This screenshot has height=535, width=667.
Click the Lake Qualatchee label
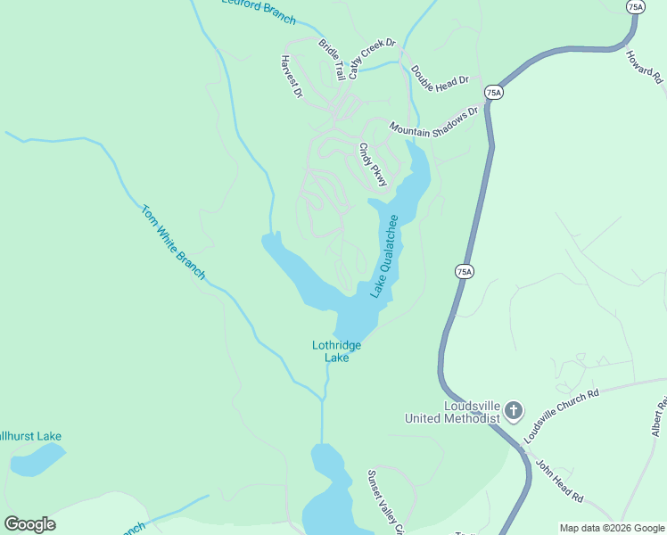point(385,256)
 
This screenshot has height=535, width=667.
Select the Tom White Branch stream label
point(173,243)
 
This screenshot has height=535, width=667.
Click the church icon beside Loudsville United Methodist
point(514,410)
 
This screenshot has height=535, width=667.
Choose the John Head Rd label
point(558,481)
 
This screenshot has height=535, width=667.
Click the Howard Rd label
point(644,67)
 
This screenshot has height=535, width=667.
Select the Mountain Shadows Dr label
point(434,122)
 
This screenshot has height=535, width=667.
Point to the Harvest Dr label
point(292,77)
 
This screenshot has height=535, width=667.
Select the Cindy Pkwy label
point(374,165)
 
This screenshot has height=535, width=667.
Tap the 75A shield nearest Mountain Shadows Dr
point(494,92)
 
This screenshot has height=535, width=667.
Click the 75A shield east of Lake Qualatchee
point(463,271)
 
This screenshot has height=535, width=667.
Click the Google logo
point(29,524)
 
